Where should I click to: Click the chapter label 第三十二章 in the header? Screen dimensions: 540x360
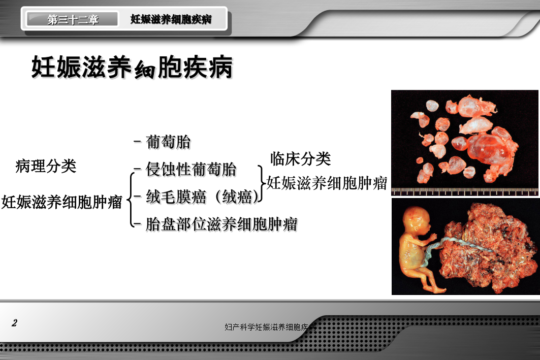click(x=73, y=20)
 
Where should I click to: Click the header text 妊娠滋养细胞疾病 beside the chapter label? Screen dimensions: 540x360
click(x=171, y=19)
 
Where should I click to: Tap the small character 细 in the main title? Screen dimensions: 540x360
click(x=144, y=70)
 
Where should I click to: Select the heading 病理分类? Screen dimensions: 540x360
click(x=46, y=166)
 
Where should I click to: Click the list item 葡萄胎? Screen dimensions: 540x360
click(x=168, y=142)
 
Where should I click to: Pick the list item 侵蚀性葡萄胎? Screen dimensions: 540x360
click(x=191, y=169)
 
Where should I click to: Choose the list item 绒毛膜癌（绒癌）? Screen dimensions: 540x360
click(x=202, y=197)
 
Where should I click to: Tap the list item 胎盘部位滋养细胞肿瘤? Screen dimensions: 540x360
click(x=221, y=224)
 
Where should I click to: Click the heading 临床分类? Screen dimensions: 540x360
click(x=301, y=158)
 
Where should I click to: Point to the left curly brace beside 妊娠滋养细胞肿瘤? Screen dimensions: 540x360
click(x=130, y=200)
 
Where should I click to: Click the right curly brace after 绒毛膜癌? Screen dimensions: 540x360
click(x=261, y=183)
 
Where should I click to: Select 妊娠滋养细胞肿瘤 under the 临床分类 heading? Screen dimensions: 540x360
click(x=327, y=183)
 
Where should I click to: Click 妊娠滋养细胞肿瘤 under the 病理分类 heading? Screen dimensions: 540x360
click(x=61, y=202)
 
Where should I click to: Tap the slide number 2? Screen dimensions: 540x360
click(x=14, y=323)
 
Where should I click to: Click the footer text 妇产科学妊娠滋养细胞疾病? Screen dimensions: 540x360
click(x=270, y=327)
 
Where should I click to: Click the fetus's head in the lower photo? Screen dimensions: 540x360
click(x=418, y=222)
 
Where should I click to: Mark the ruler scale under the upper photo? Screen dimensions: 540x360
click(x=465, y=192)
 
